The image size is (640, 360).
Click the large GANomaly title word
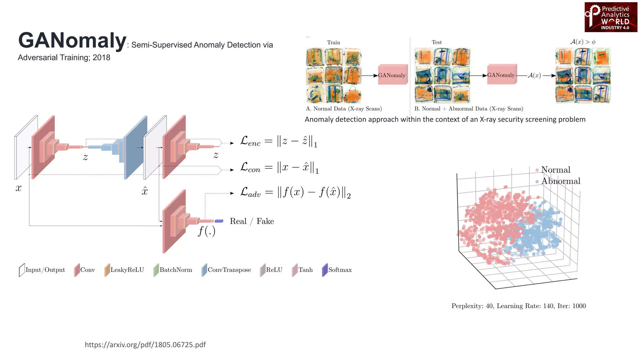[72, 41]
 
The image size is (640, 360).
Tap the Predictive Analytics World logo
[611, 17]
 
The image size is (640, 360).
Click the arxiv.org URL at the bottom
[145, 345]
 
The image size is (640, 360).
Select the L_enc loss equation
[278, 141]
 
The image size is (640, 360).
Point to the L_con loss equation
[279, 168]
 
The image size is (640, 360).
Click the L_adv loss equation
[295, 192]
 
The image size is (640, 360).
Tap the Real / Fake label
[252, 221]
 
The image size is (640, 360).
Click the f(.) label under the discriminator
[207, 231]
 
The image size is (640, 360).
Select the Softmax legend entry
[337, 270]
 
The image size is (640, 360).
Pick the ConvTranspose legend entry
[226, 270]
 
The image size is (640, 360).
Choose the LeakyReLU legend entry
[124, 270]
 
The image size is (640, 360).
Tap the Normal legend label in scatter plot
[555, 170]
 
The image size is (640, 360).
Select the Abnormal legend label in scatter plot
[560, 181]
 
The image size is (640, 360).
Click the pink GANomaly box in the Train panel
[392, 75]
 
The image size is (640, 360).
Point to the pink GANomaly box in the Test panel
[501, 75]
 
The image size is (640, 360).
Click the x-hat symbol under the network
[144, 191]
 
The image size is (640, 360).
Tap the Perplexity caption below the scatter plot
[518, 306]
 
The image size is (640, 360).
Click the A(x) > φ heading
[582, 42]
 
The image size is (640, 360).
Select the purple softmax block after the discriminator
[219, 221]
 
